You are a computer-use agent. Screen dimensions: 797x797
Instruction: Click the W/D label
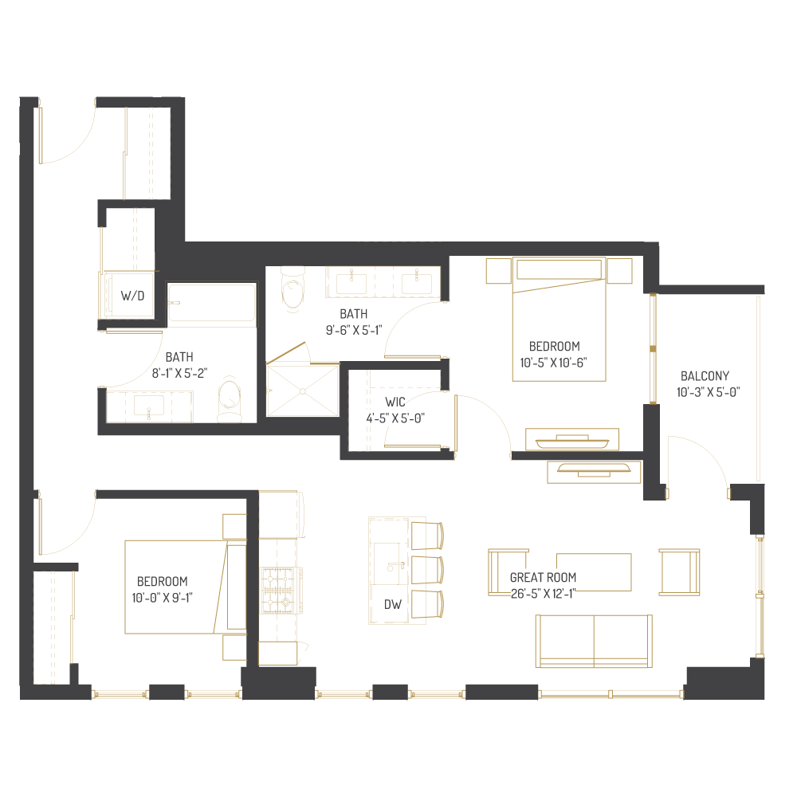[x=133, y=296]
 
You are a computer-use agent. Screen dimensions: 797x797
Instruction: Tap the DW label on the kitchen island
[x=393, y=605]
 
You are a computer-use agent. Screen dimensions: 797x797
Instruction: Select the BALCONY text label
[x=705, y=376]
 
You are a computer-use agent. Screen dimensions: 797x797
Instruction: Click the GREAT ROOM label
[x=543, y=578]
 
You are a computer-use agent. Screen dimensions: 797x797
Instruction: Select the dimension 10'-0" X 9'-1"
[x=163, y=596]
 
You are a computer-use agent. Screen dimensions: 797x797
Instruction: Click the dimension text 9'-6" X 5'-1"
[x=353, y=329]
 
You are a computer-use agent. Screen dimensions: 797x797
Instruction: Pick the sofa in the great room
[x=594, y=641]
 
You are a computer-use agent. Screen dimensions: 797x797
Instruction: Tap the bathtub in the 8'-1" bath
[x=212, y=305]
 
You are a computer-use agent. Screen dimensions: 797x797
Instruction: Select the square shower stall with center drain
[x=303, y=391]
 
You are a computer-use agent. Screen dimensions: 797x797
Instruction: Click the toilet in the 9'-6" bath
[x=293, y=289]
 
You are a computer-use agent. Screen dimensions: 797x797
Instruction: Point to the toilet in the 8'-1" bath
[x=229, y=398]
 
